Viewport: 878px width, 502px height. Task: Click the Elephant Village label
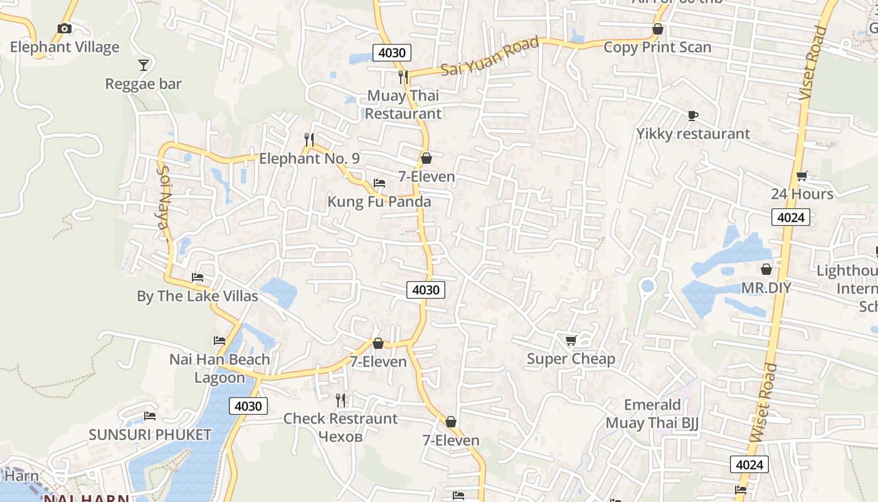pyautogui.click(x=65, y=47)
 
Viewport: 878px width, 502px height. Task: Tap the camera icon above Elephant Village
pyautogui.click(x=64, y=28)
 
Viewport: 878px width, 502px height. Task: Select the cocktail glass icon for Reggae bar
pyautogui.click(x=144, y=65)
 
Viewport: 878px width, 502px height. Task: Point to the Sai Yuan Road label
pyautogui.click(x=490, y=56)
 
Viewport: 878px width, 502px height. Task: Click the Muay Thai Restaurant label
pyautogui.click(x=403, y=105)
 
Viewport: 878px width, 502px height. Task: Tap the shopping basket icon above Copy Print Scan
pyautogui.click(x=657, y=29)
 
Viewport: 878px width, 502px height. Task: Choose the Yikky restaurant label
pyautogui.click(x=693, y=134)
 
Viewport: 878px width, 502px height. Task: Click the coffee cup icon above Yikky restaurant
pyautogui.click(x=692, y=115)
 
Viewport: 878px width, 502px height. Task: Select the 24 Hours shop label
pyautogui.click(x=802, y=194)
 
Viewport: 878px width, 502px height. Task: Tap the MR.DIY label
pyautogui.click(x=766, y=288)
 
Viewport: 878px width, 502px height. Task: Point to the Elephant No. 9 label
pyautogui.click(x=309, y=158)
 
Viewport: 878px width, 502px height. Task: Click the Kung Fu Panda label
pyautogui.click(x=379, y=201)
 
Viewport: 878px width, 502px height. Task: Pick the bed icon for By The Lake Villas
pyautogui.click(x=198, y=277)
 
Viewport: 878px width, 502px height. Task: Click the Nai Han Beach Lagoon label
pyautogui.click(x=219, y=368)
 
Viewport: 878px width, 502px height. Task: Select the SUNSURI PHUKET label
pyautogui.click(x=150, y=435)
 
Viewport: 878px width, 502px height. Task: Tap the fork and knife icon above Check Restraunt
pyautogui.click(x=341, y=400)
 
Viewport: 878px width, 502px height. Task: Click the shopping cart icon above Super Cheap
pyautogui.click(x=571, y=340)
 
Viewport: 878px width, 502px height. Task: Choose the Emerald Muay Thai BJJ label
pyautogui.click(x=652, y=414)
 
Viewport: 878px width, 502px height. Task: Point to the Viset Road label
pyautogui.click(x=813, y=63)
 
